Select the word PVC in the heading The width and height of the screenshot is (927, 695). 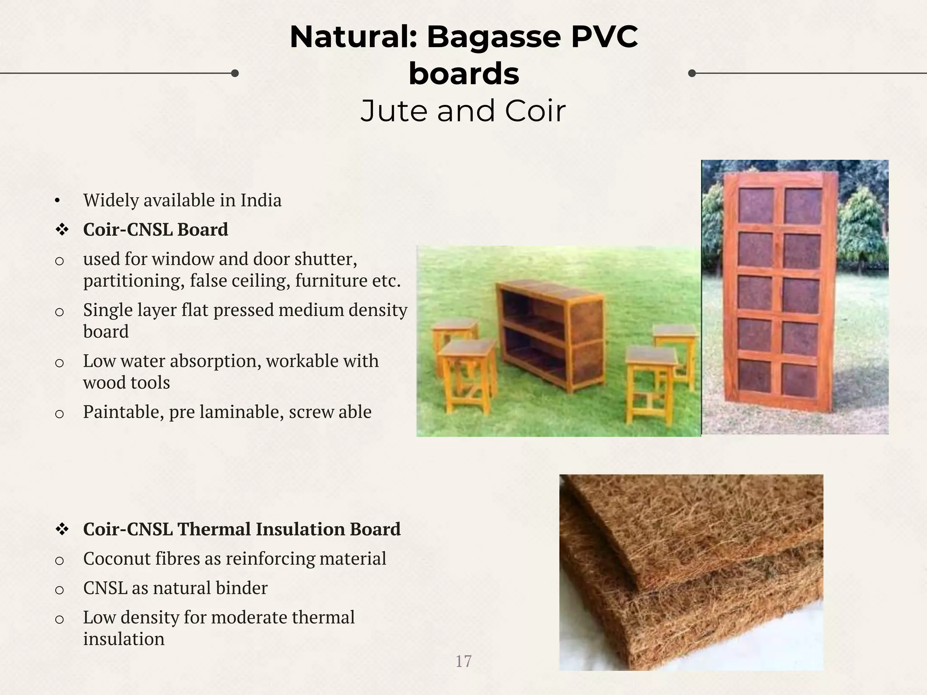tap(604, 37)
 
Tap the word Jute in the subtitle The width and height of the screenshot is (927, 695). tap(393, 111)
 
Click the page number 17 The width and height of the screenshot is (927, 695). tap(463, 662)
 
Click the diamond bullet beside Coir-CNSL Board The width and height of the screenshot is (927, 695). tap(62, 230)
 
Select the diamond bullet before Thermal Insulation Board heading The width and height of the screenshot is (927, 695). tap(62, 529)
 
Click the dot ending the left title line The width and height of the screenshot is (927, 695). tap(234, 73)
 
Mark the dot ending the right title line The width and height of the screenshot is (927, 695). tap(692, 73)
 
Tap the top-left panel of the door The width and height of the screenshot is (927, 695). tap(755, 205)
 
